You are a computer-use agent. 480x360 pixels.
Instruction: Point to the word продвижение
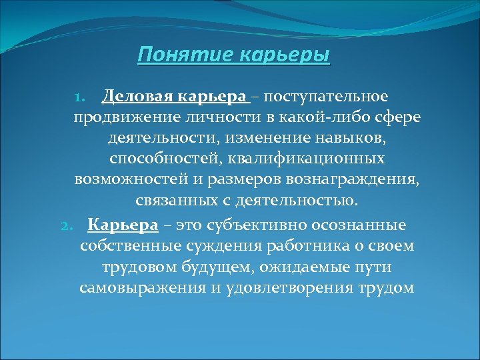[x=136, y=119]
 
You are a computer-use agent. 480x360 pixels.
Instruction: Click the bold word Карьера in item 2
[x=123, y=225]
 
